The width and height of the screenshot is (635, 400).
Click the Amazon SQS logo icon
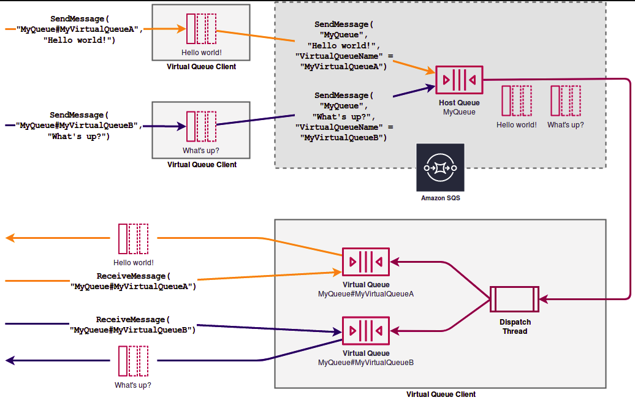440,167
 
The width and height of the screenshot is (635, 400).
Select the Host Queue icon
459,80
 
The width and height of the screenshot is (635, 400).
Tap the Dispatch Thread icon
514,299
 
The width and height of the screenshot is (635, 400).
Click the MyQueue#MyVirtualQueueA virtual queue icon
366,262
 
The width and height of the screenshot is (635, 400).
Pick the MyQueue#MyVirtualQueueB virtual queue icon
366,331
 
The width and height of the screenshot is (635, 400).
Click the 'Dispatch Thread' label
515,326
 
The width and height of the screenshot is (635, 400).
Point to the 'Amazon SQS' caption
441,198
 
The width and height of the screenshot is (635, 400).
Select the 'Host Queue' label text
459,103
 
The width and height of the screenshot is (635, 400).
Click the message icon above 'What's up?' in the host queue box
566,101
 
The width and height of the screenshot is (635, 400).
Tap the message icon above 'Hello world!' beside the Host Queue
517,101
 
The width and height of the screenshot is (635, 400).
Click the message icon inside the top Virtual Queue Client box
201,29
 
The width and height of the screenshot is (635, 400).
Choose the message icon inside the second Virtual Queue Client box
201,126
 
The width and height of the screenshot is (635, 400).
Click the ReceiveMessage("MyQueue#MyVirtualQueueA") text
133,281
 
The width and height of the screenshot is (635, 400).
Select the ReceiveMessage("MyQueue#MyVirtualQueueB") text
132,325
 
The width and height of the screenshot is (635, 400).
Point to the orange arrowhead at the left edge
10,238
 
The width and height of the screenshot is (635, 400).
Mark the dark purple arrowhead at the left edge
10,360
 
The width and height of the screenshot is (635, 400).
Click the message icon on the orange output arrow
133,239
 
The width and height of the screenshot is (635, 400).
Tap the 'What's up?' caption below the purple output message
133,385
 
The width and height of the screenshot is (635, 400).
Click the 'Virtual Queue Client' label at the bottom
441,394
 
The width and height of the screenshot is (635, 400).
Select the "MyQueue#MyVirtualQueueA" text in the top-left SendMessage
80,29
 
